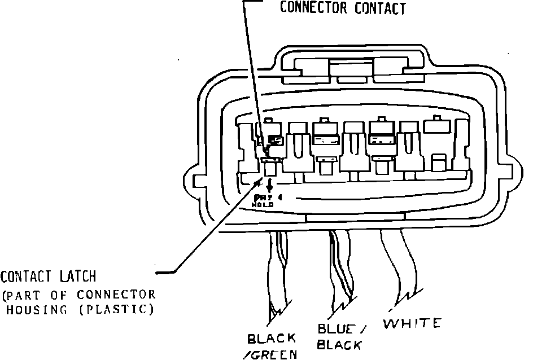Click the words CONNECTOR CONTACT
343,8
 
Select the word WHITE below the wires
412,323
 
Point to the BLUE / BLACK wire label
339,336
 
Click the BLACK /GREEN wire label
272,346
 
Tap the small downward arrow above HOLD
269,185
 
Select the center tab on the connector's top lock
351,71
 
